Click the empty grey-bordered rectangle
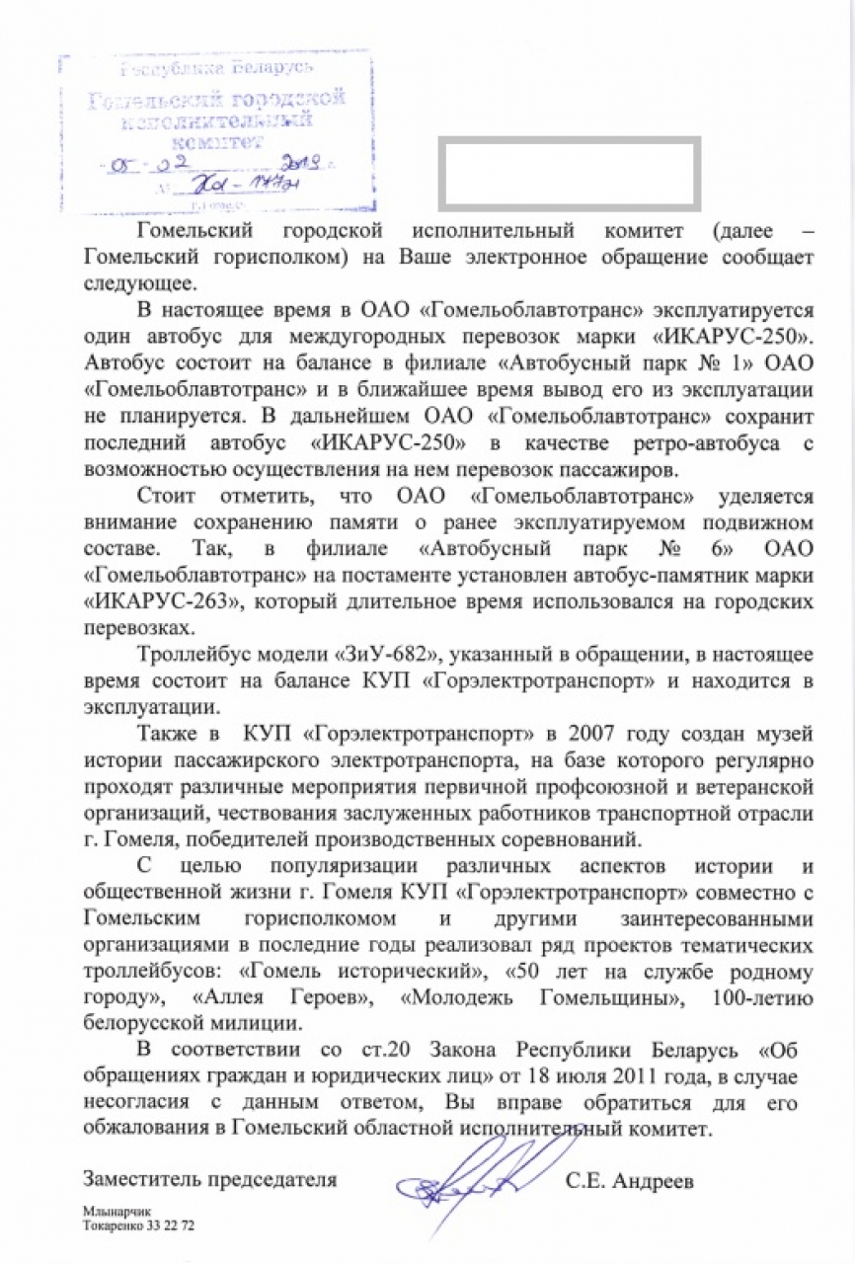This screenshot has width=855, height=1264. click(x=569, y=174)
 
